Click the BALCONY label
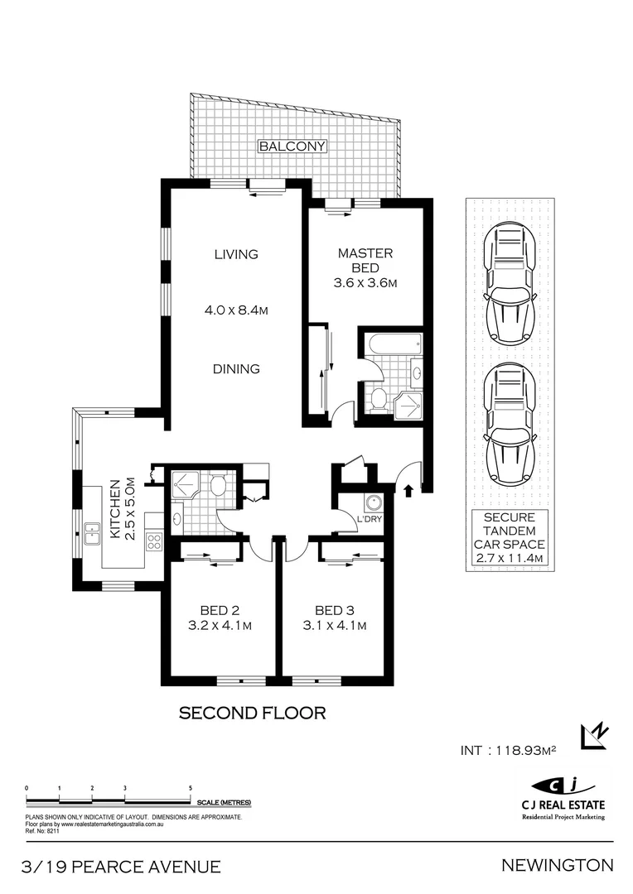[x=292, y=146]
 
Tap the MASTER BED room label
[x=365, y=260]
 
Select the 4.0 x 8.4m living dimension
[x=236, y=310]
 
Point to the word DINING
[x=236, y=369]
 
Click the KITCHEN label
[x=114, y=508]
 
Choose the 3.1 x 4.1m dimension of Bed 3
[x=335, y=626]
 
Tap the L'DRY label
[x=370, y=519]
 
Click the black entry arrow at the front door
[x=408, y=490]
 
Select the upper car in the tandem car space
[x=510, y=284]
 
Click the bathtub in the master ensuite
[x=393, y=344]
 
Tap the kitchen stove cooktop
[x=154, y=541]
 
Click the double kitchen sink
[x=91, y=534]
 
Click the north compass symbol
[x=594, y=736]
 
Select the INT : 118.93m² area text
[x=508, y=750]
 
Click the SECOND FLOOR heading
[x=252, y=713]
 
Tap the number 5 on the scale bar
[x=190, y=788]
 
